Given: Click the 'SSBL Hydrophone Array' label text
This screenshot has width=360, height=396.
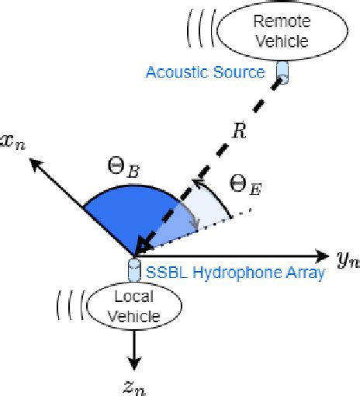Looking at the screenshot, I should point(235,273).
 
